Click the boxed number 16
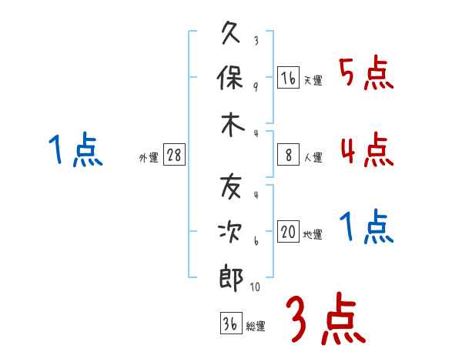[287, 78]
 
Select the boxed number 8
[287, 155]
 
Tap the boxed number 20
[288, 233]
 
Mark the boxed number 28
[174, 155]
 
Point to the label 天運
[313, 80]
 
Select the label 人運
[313, 157]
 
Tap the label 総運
[256, 326]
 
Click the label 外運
[149, 157]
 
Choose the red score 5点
[366, 74]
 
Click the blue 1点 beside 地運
[367, 228]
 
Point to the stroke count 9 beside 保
[255, 86]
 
